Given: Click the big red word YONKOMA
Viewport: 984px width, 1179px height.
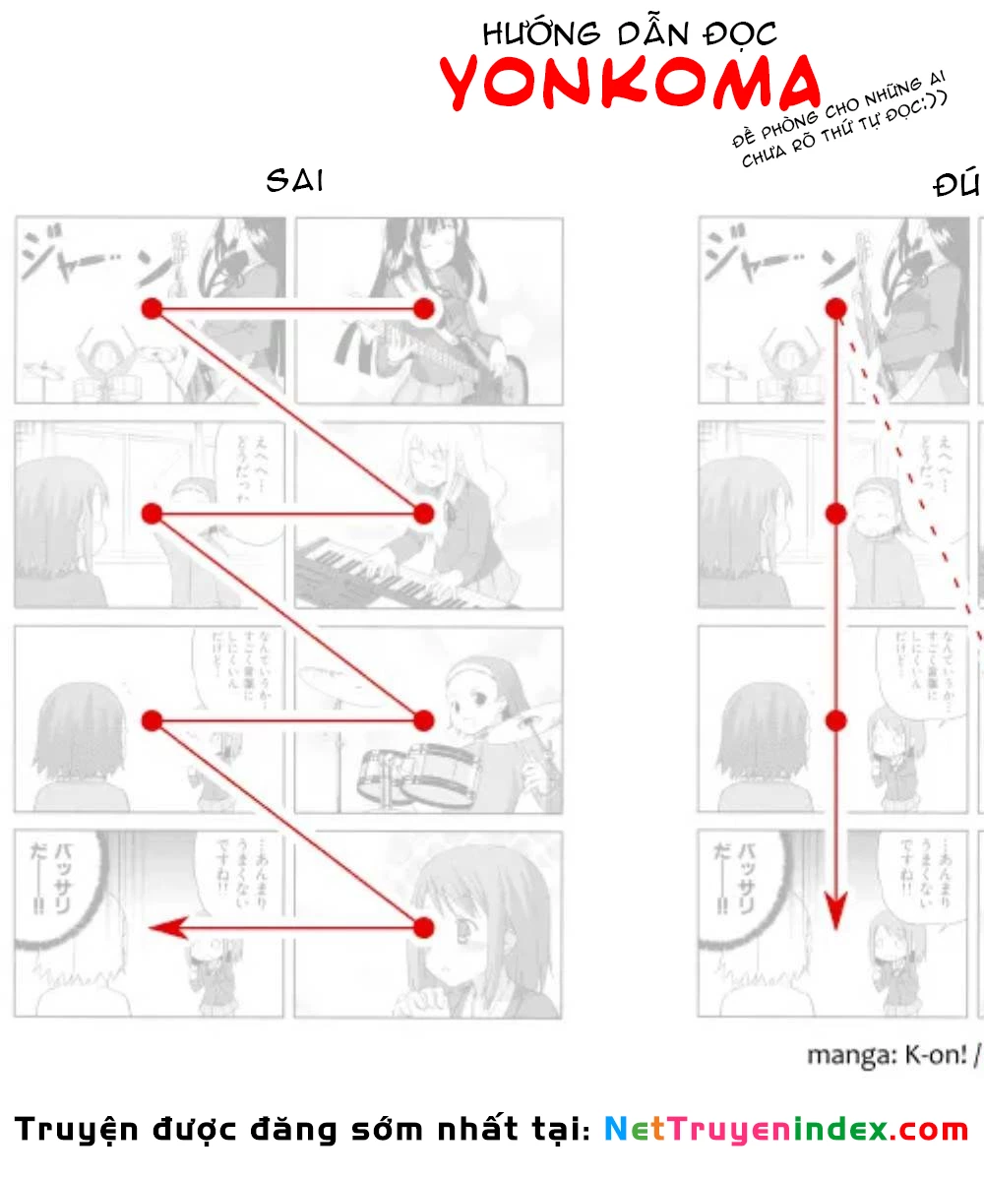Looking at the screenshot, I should tap(630, 83).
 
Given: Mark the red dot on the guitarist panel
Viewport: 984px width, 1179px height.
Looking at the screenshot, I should tap(424, 309).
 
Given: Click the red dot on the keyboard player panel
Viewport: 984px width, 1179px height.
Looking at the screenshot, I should tap(424, 513).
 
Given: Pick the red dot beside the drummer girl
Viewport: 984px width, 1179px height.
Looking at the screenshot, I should tap(424, 720).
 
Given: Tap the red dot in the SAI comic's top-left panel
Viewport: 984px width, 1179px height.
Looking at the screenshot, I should tap(151, 309).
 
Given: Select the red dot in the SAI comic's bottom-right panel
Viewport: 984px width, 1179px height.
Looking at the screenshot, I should tap(424, 927).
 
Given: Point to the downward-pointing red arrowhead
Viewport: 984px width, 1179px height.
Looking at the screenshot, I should tap(835, 911).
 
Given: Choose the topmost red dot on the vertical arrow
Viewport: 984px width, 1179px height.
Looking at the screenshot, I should tap(835, 309).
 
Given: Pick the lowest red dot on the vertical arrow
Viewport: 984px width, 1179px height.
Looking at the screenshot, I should tap(835, 720).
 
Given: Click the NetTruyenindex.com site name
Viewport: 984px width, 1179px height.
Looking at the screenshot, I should tap(785, 1129).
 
